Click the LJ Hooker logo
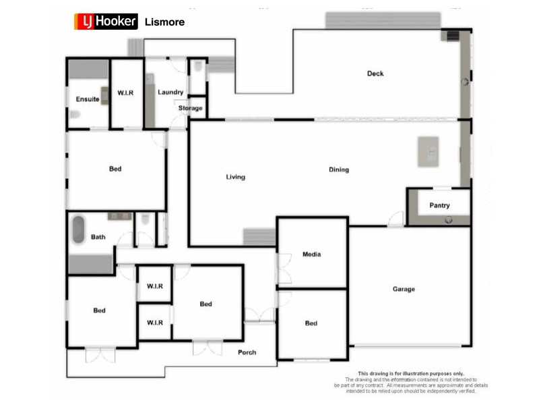tap(105, 22)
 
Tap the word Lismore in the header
tap(164, 22)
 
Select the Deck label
tap(375, 74)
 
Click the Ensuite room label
tap(88, 99)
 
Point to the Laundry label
tap(170, 92)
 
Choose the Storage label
tap(190, 108)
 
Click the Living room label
tap(236, 178)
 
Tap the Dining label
tap(339, 170)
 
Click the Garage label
tap(404, 290)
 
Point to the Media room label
tap(311, 254)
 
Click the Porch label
tap(247, 352)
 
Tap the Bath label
tap(98, 237)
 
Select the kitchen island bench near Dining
tap(428, 151)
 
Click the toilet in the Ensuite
tap(75, 115)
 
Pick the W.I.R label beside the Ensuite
tap(126, 92)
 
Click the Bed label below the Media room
tap(311, 323)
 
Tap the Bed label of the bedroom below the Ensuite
tap(115, 169)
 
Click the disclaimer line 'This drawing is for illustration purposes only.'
tap(410, 373)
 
